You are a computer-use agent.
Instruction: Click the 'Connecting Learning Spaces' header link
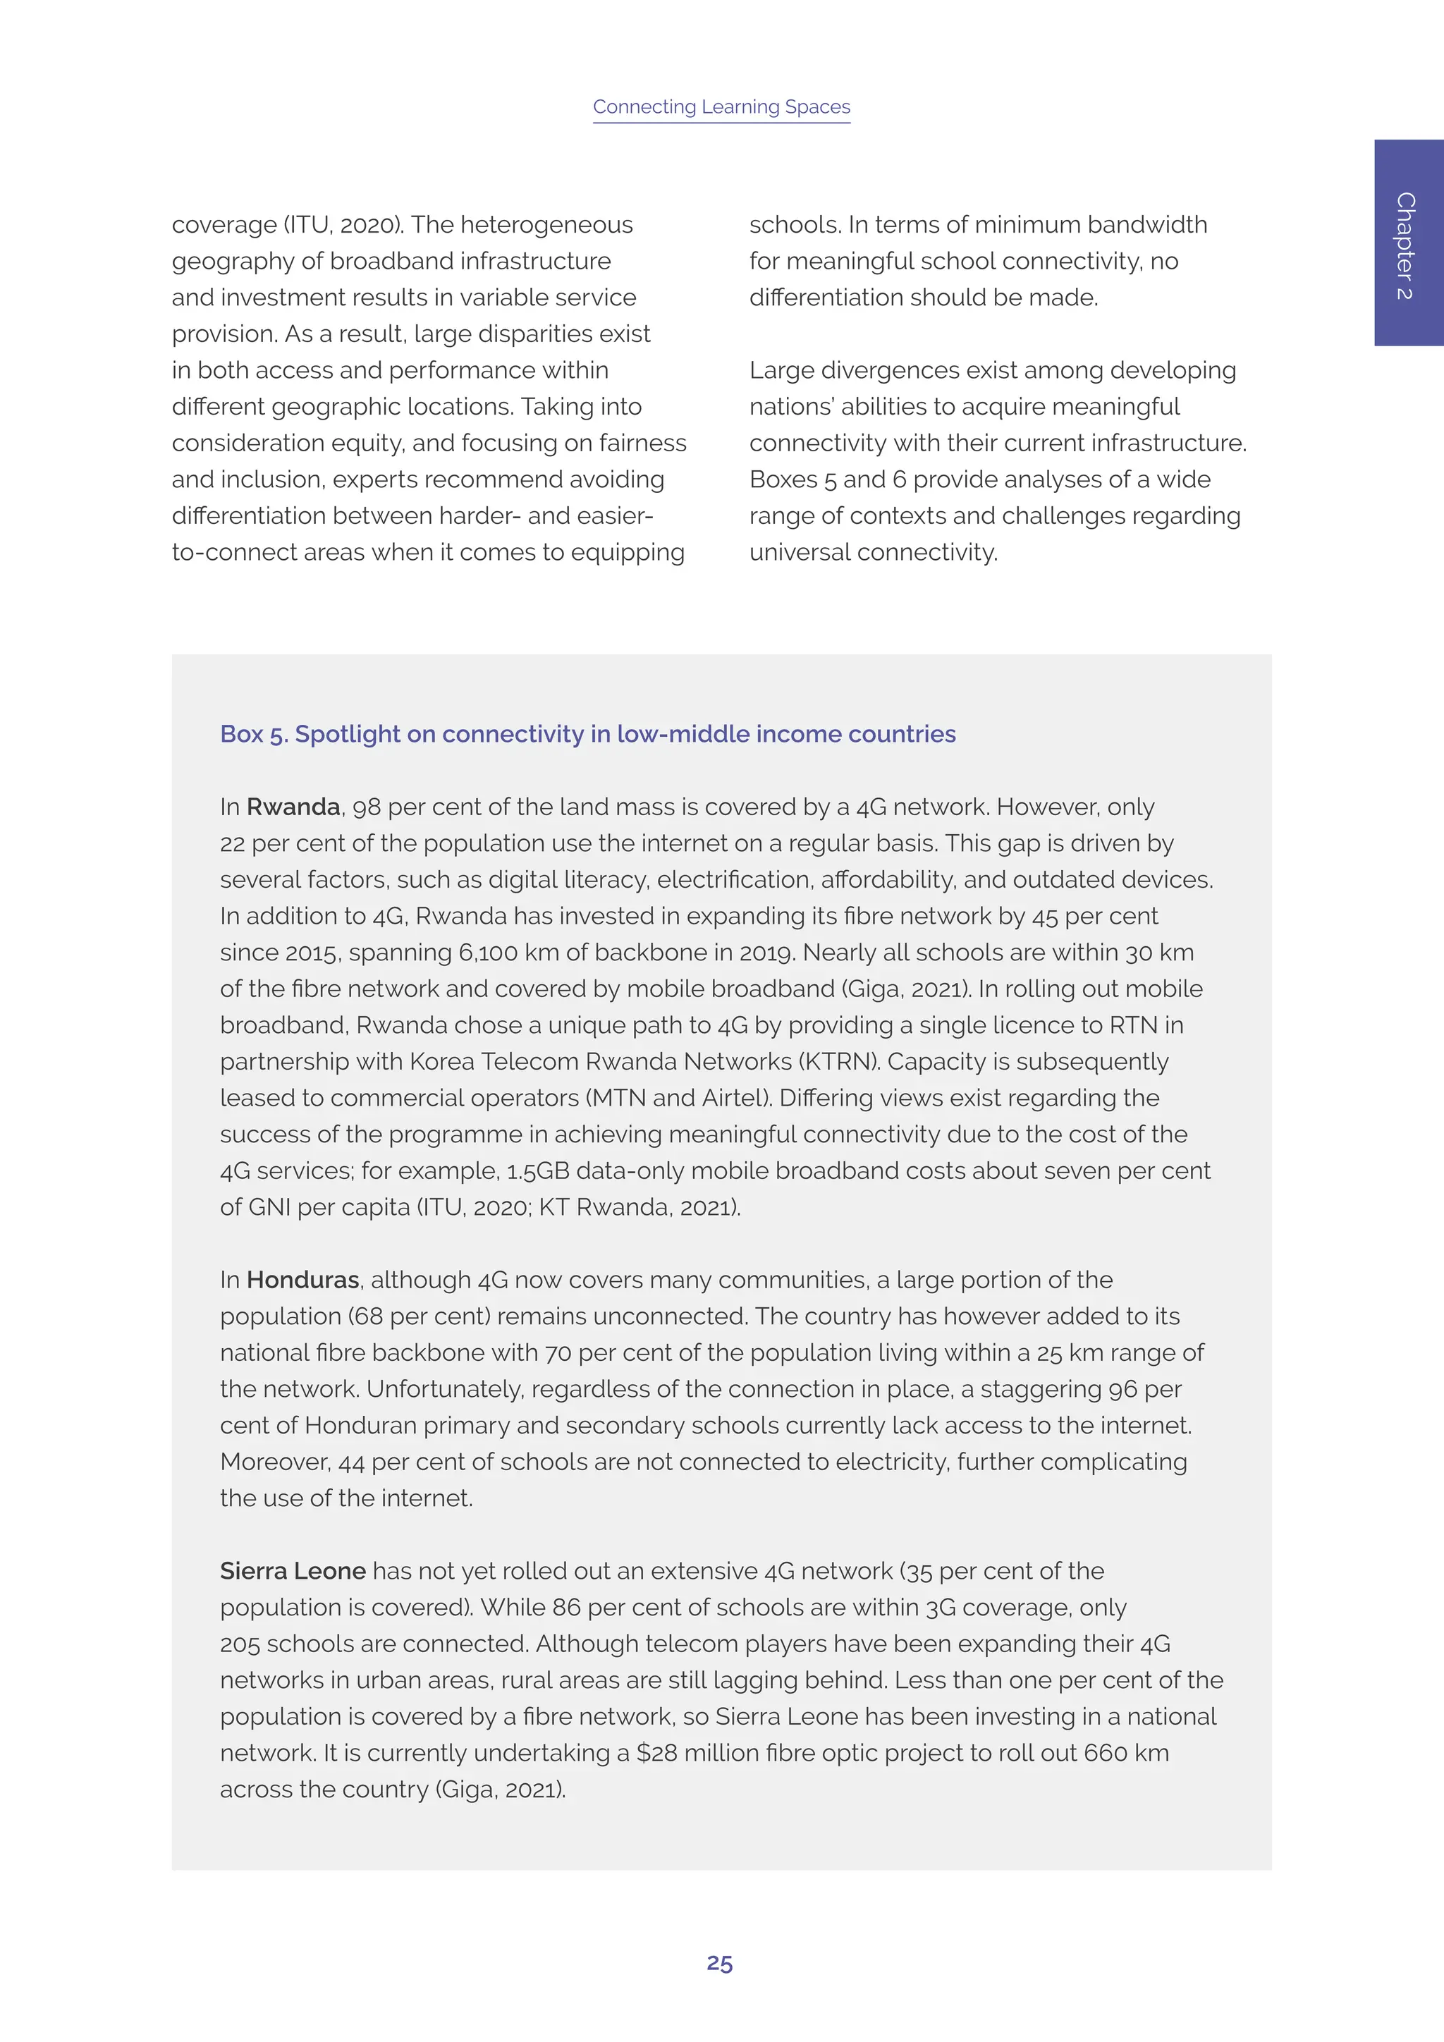[x=721, y=106]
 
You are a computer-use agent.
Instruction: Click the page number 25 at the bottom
[x=719, y=1963]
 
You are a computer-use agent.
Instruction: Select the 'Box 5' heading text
[x=588, y=734]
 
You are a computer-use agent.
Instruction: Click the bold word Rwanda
[x=293, y=807]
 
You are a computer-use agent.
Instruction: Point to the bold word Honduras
[x=302, y=1280]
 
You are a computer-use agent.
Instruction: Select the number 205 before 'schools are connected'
[x=240, y=1644]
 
